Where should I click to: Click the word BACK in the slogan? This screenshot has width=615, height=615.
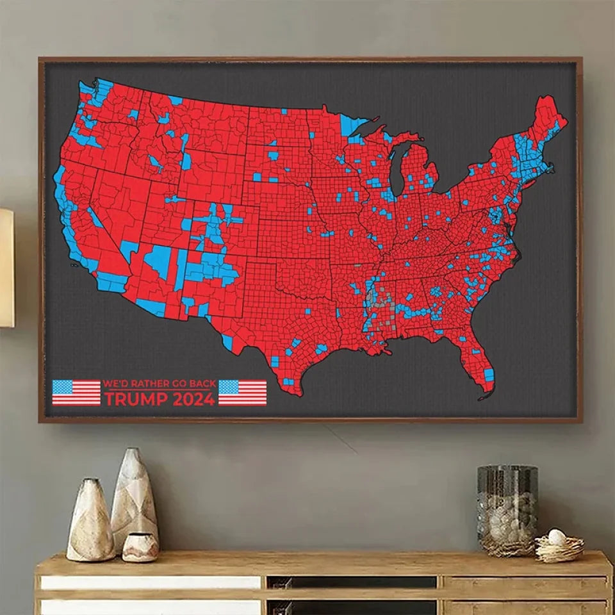coord(201,383)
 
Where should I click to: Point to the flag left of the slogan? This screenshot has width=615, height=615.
coord(76,393)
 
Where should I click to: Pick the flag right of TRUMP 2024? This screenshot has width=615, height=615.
coord(242,393)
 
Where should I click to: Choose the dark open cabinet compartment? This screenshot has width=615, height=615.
coord(352,582)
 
